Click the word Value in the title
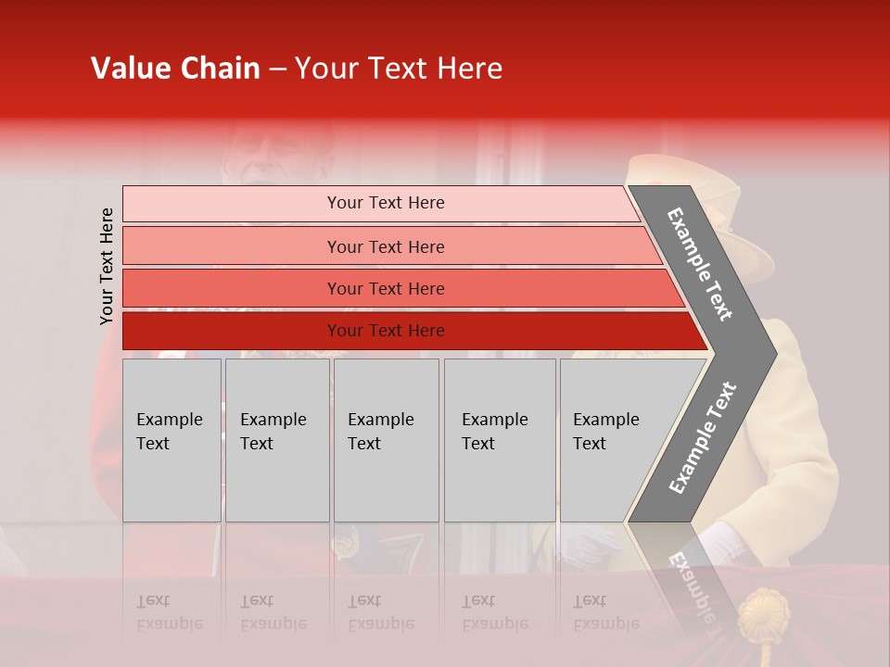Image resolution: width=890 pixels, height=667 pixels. coord(129,69)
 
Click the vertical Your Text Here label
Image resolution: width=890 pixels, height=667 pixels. coord(107,266)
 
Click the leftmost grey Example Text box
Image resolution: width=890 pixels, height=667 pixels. coord(172,440)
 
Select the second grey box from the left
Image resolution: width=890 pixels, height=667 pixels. coord(277,440)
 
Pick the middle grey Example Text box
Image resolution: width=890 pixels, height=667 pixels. coord(386,440)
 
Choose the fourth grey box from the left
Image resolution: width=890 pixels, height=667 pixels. coord(500,440)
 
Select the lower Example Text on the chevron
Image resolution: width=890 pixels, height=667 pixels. coord(703,437)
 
